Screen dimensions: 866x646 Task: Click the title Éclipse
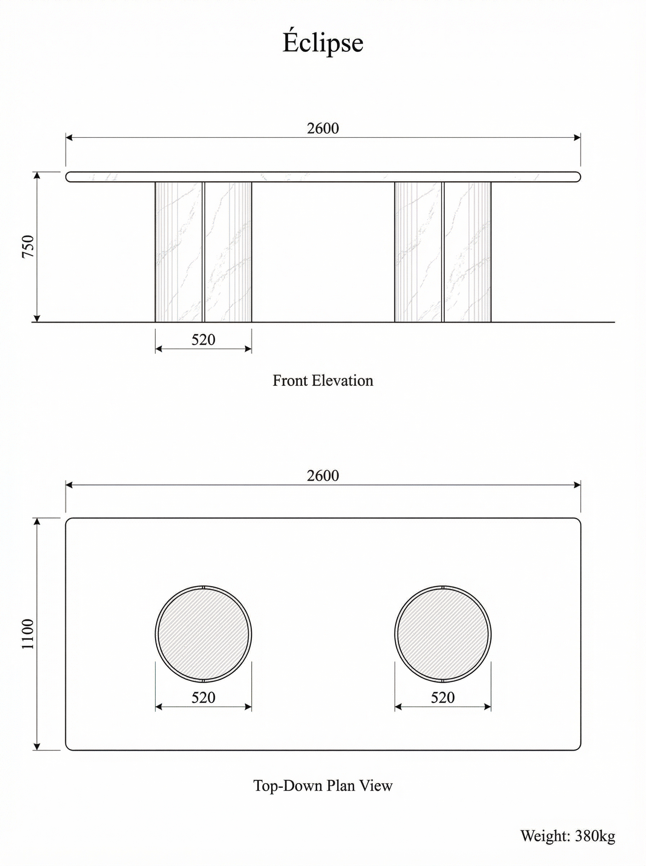(323, 43)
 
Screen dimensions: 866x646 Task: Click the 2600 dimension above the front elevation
(323, 128)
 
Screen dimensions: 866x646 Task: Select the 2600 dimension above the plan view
(323, 476)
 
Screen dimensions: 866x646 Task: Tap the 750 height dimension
(28, 246)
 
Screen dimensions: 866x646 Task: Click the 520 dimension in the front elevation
(203, 340)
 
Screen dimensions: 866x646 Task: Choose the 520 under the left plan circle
(203, 697)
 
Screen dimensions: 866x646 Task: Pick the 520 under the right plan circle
(443, 697)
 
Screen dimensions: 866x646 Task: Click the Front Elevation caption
(323, 381)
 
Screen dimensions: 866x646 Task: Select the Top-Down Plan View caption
(323, 786)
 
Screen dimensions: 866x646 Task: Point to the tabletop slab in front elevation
(323, 177)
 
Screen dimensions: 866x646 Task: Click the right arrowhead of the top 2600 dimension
(578, 137)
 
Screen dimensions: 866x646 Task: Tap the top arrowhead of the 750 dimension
(37, 175)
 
